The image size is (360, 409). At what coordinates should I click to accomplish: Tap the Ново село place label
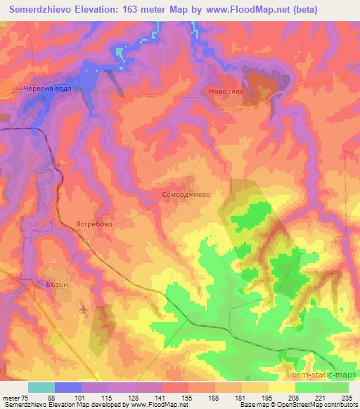(x=225, y=91)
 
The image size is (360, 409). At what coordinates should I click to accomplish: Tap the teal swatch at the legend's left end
(x=41, y=387)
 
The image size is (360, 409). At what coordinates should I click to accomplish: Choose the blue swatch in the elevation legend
(x=68, y=387)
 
